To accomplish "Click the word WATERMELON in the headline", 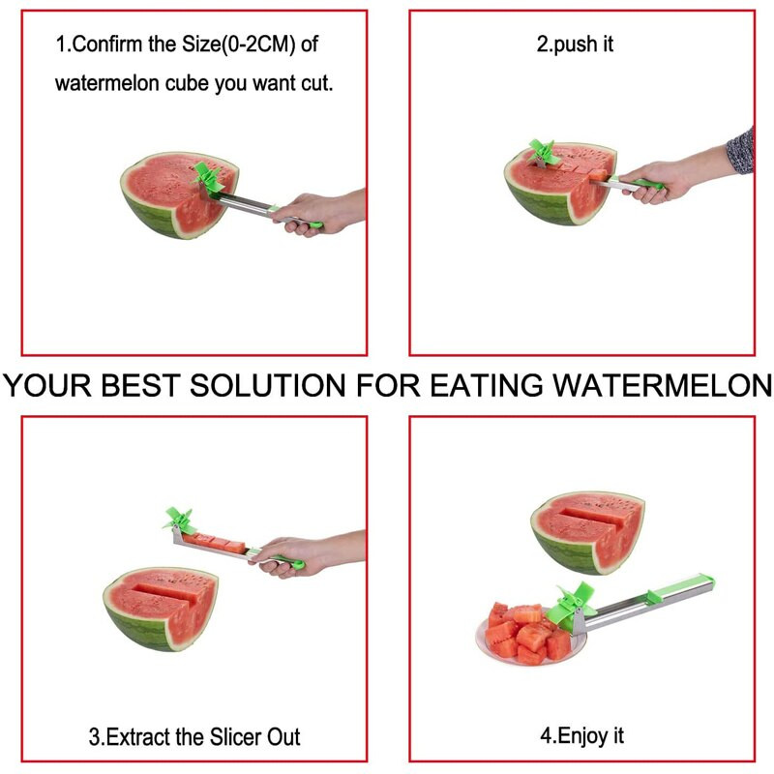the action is tap(662, 385).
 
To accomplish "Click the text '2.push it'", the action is tap(575, 45).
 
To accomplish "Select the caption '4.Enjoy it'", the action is tap(582, 736).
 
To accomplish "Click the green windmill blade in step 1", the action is tap(209, 178).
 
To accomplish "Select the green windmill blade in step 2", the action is tap(544, 152).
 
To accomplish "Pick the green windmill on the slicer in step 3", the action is tap(179, 521).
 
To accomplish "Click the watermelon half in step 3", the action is tap(161, 609).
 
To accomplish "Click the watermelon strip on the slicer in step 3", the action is tap(214, 542).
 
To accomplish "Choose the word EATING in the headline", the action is tap(487, 385).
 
